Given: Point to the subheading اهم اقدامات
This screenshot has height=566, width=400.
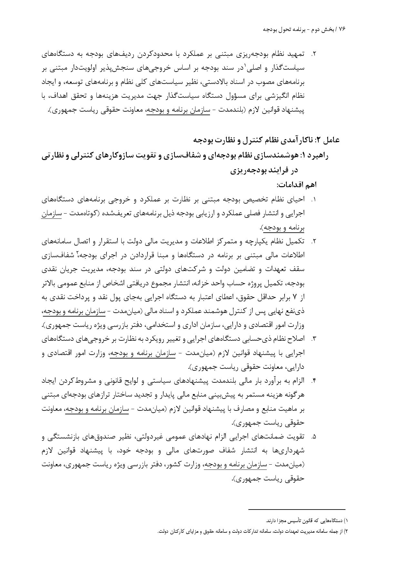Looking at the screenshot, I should pyautogui.click(x=296, y=185).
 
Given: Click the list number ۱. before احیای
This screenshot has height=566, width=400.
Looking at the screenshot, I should pyautogui.click(x=313, y=200).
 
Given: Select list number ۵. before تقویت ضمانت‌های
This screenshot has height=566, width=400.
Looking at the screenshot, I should pyautogui.click(x=313, y=437).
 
